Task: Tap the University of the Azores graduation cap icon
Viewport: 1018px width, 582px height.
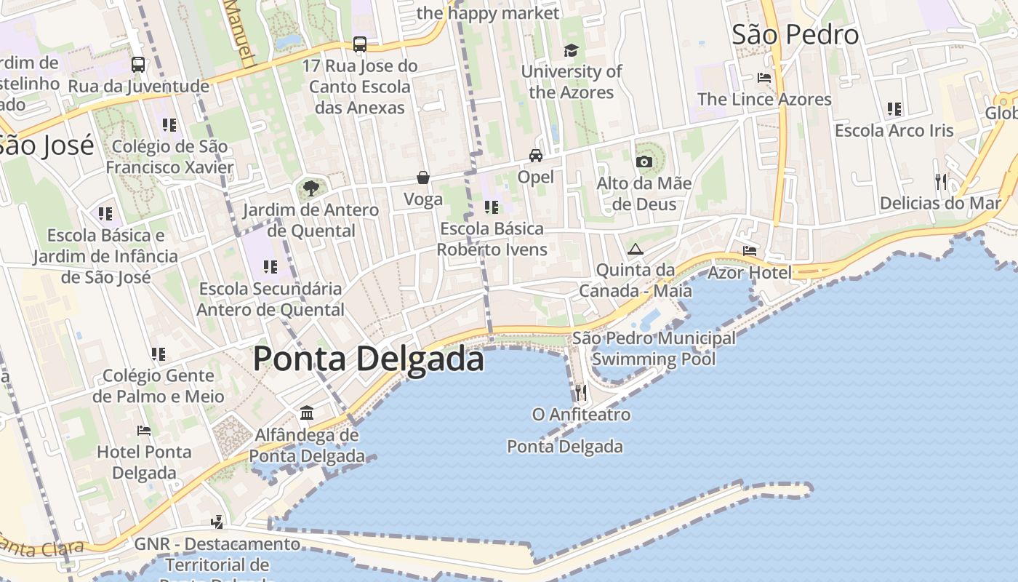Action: [x=571, y=50]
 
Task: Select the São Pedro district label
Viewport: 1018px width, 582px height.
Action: [x=795, y=34]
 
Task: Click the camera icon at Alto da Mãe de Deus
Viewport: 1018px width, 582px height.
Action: [x=644, y=162]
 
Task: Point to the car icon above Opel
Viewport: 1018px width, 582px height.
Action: [x=536, y=156]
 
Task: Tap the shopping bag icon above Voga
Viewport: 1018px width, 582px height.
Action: [x=422, y=178]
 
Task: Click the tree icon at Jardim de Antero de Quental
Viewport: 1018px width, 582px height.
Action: [x=311, y=188]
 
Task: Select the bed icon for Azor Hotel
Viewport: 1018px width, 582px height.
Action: [x=750, y=251]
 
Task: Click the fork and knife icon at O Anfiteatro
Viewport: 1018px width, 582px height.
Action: [x=580, y=393]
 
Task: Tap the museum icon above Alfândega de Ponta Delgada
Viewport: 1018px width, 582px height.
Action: [x=307, y=413]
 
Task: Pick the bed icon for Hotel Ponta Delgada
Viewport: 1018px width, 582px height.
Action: [x=144, y=430]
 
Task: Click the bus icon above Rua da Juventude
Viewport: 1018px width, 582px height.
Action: [x=138, y=65]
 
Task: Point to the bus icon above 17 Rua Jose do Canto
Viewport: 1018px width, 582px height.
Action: [x=360, y=44]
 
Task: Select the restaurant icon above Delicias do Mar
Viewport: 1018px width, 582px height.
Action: [x=941, y=181]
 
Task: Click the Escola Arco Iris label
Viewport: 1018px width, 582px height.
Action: [x=894, y=131]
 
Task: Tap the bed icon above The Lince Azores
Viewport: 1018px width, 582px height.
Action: [x=764, y=77]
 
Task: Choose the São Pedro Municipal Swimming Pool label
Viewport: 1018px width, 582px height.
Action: [x=653, y=348]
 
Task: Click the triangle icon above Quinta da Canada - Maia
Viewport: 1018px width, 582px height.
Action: [x=636, y=249]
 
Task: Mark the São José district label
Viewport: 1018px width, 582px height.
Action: [x=45, y=145]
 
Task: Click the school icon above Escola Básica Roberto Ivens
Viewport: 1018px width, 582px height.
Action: [x=492, y=207]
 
